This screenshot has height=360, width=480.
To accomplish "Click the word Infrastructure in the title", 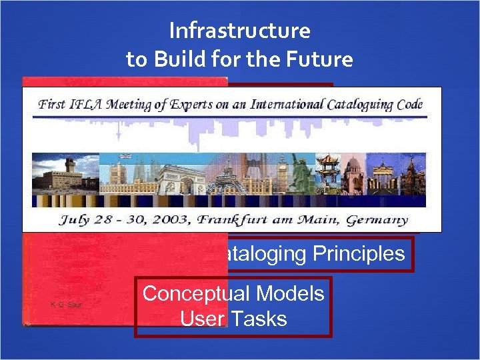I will (239, 31).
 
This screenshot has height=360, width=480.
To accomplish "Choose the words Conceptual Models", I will (233, 293).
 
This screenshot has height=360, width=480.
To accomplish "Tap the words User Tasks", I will (233, 319).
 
